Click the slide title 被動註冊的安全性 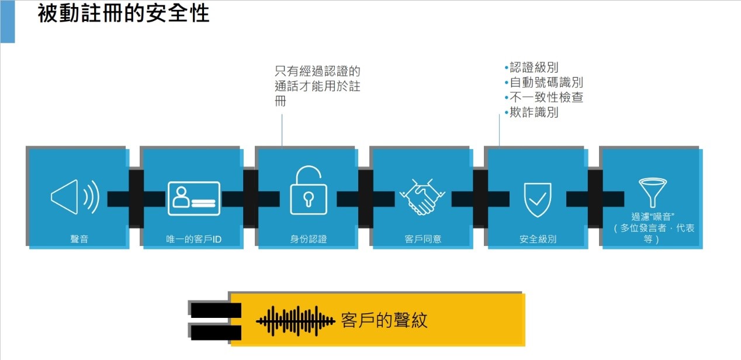(x=123, y=13)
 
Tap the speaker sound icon (x=75, y=198)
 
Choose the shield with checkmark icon (x=536, y=199)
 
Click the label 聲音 (x=79, y=239)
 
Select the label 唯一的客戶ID (x=193, y=239)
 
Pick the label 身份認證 (x=309, y=239)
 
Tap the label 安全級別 (x=538, y=239)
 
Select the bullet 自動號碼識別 (x=546, y=82)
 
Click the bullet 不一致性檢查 (x=546, y=98)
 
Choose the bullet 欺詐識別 (x=534, y=112)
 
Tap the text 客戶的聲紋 (x=384, y=320)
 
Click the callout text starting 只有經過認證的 (x=317, y=86)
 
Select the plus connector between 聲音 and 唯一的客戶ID (x=136, y=199)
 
